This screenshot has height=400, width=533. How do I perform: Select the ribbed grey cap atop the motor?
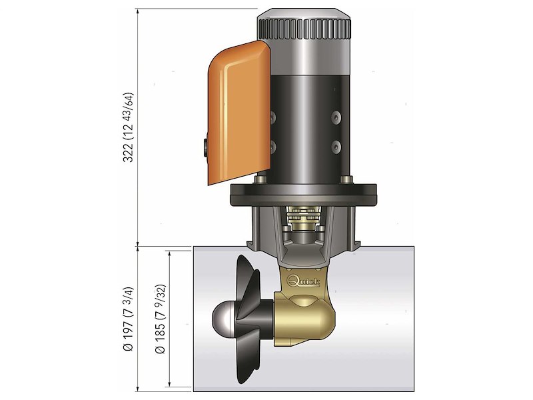coord(304,27)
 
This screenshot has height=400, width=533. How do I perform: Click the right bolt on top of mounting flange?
coord(344,181)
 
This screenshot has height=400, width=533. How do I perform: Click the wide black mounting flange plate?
coord(304,195)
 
